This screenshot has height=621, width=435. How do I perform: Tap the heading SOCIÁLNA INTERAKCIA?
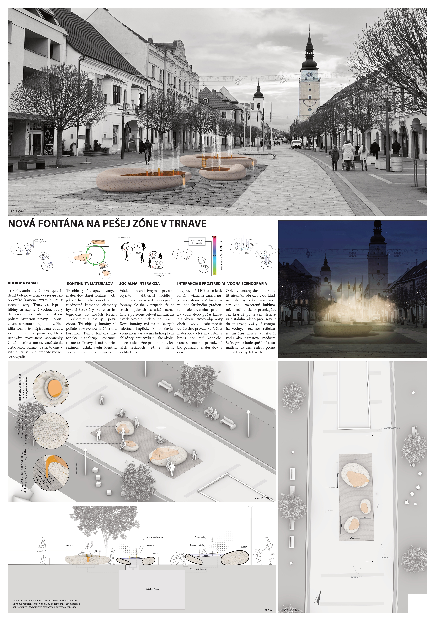pos(139,284)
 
